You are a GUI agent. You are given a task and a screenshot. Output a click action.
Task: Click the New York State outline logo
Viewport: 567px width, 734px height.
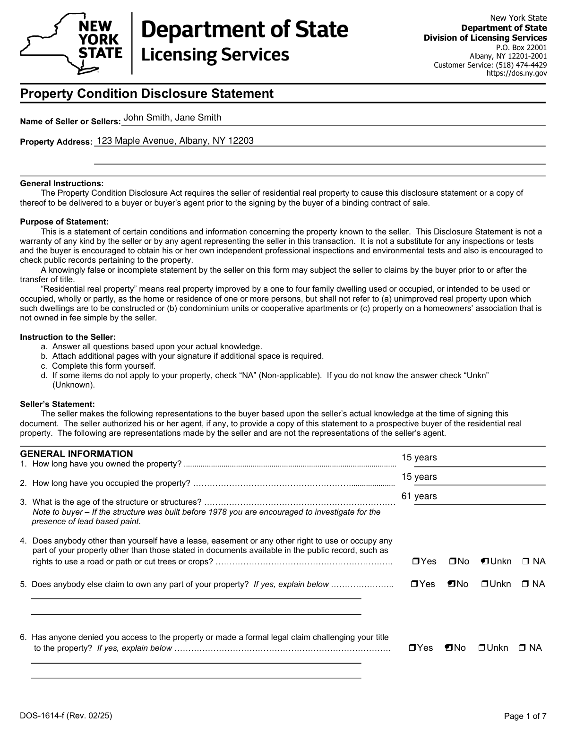click(x=71, y=43)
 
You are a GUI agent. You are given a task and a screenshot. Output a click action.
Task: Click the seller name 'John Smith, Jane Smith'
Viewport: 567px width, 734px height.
click(x=172, y=118)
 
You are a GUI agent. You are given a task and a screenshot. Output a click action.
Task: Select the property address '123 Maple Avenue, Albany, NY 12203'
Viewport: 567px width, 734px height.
click(x=175, y=141)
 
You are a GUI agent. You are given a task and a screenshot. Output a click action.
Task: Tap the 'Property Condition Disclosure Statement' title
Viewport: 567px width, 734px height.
click(x=146, y=94)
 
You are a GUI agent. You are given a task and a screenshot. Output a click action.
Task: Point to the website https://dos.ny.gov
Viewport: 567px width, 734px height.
click(x=516, y=73)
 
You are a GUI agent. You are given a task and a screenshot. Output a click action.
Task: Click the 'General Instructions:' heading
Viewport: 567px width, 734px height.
click(x=61, y=183)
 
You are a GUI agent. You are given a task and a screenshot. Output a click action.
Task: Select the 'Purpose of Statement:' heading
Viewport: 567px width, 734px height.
click(x=64, y=222)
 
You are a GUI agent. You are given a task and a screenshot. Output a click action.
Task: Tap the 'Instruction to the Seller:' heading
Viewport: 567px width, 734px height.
click(x=68, y=337)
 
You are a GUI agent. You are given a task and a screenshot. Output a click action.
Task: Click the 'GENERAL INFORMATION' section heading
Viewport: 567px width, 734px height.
click(x=77, y=454)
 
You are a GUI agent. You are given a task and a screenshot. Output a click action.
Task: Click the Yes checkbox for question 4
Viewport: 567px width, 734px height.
click(x=416, y=561)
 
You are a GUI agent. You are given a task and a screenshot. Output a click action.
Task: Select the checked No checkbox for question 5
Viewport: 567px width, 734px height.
click(x=451, y=584)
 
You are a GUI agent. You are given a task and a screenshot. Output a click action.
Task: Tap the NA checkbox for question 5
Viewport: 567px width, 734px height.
click(x=525, y=584)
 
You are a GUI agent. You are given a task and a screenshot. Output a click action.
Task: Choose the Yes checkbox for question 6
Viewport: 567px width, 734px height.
click(x=412, y=648)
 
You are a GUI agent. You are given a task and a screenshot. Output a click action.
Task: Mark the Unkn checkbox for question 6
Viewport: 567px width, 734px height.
click(x=481, y=648)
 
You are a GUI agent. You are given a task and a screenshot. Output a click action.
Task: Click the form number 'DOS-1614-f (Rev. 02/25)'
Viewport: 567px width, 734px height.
click(x=66, y=716)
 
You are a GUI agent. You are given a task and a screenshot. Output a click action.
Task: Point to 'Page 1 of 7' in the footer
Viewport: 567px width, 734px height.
click(x=525, y=717)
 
